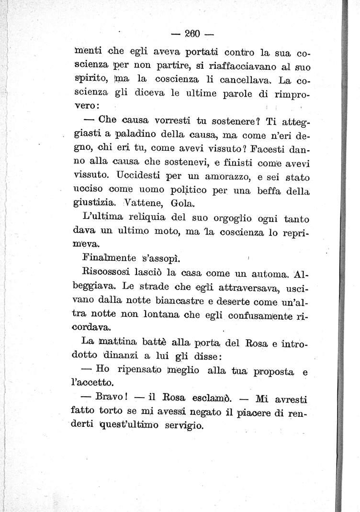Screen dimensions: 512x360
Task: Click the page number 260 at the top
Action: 191,34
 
